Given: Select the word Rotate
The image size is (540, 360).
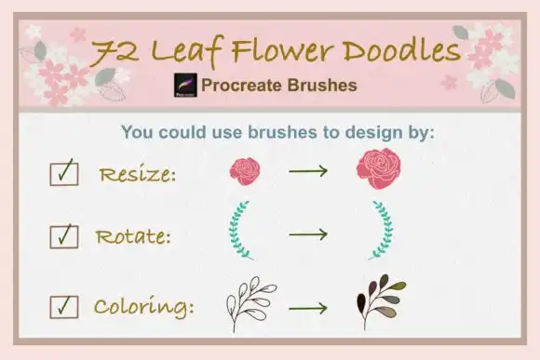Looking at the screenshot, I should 132,236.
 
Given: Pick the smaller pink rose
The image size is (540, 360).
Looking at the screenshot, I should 245,170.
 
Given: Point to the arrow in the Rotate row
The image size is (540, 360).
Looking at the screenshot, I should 308,233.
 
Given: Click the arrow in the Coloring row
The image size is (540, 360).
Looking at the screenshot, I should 308,306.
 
